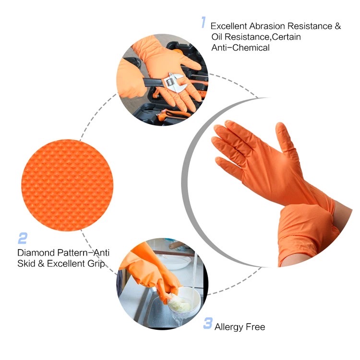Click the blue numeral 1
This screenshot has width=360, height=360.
203,22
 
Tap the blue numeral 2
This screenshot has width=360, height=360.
23,238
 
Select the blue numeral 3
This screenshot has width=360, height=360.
208,323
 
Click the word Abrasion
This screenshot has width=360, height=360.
267,26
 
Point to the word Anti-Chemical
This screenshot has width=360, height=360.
240,48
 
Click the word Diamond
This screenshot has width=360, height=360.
36,252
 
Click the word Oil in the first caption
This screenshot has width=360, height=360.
217,37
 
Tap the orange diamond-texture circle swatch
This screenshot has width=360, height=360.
67,185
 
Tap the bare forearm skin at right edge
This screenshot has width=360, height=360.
343,214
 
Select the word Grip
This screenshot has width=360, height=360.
96,264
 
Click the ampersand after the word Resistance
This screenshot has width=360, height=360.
338,26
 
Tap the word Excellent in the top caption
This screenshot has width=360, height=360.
228,26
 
